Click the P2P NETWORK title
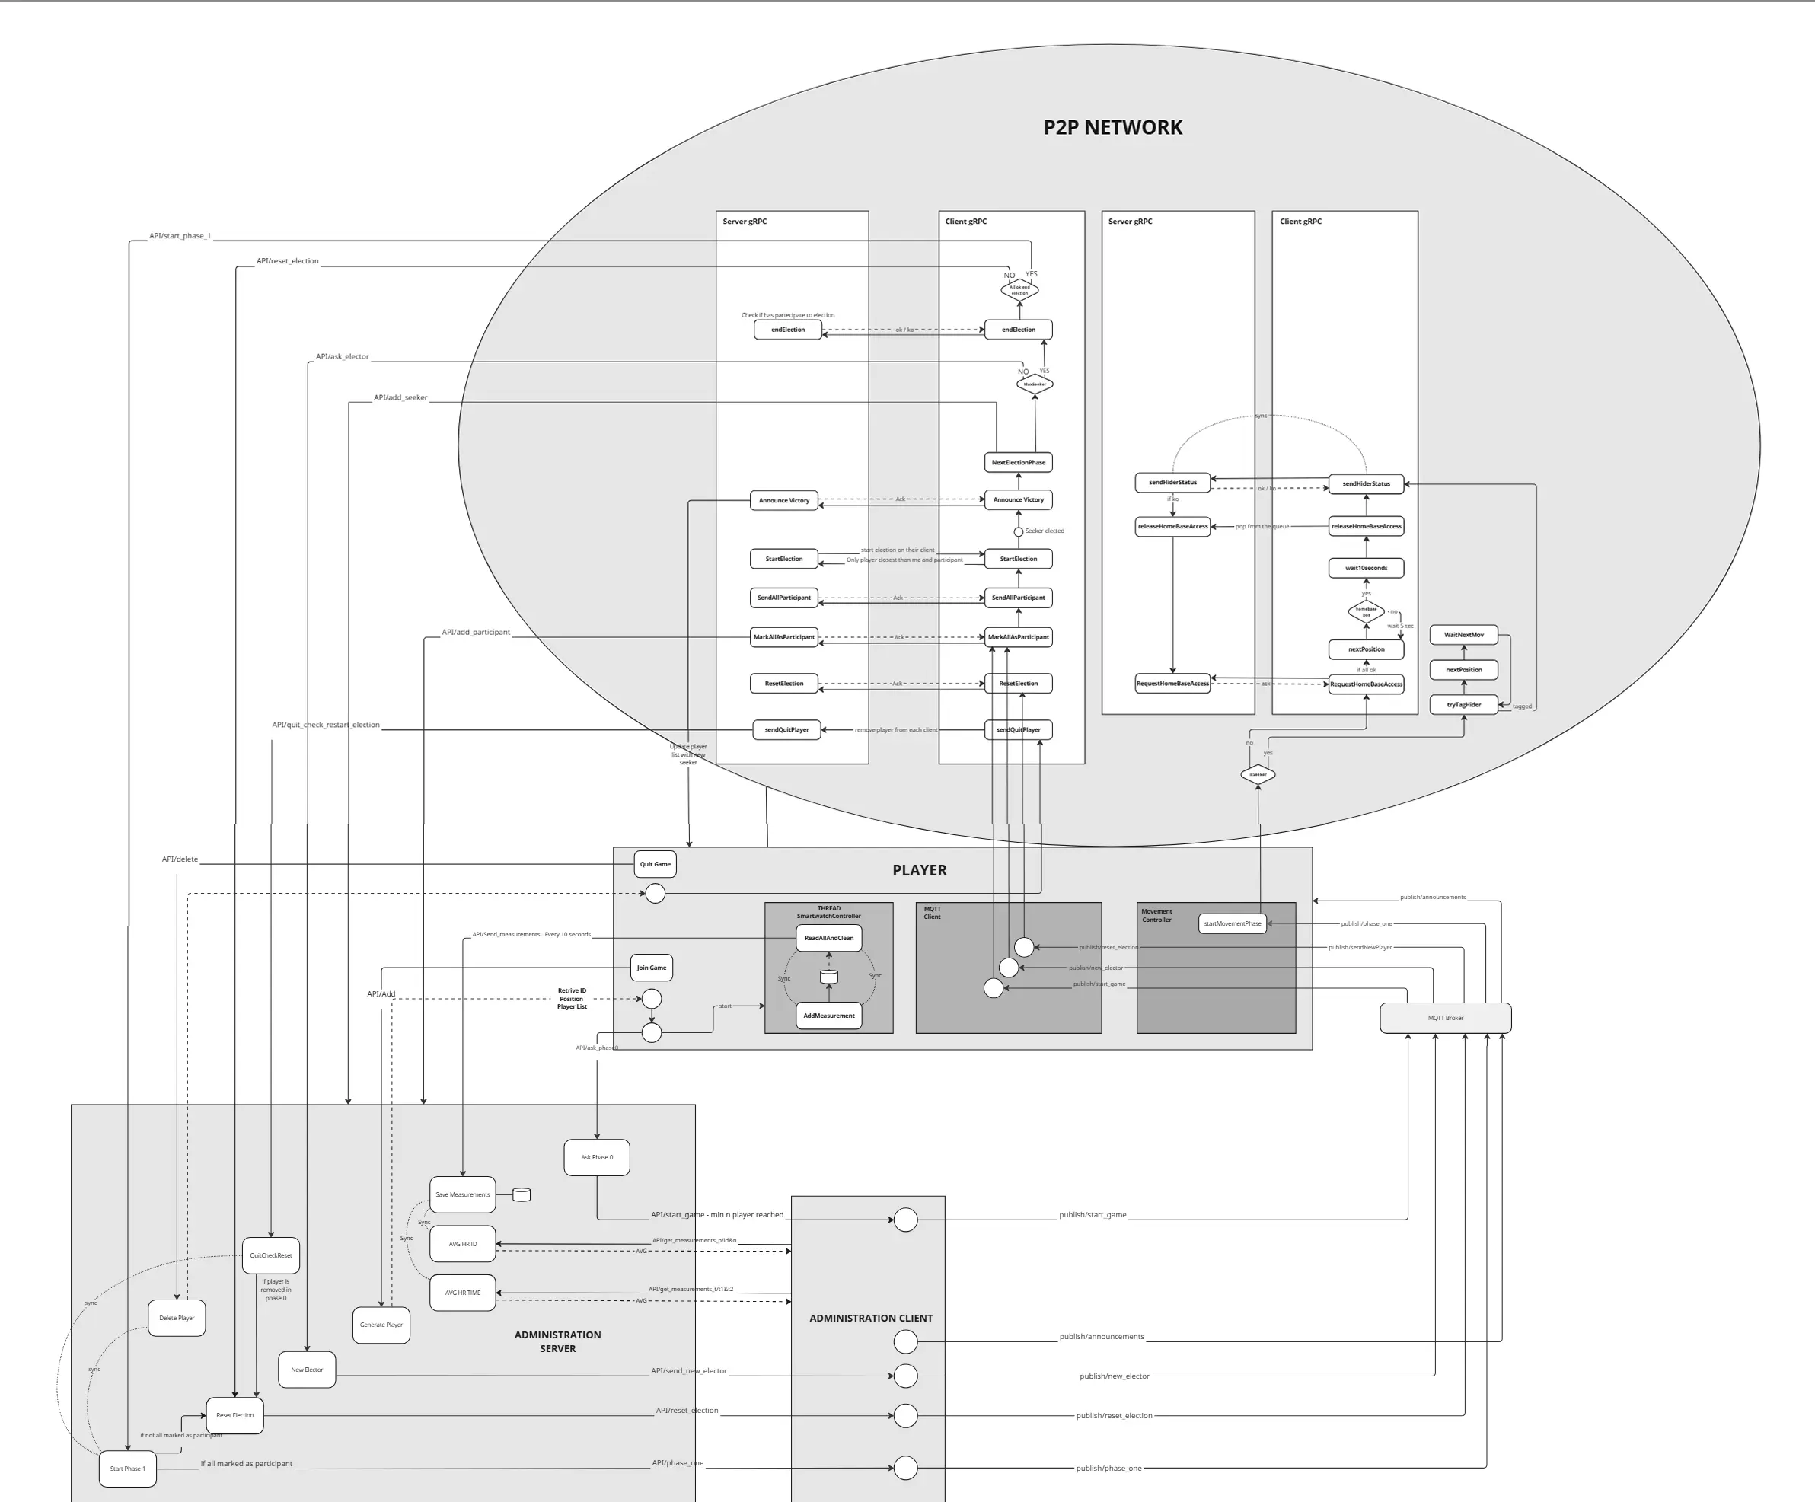[1112, 127]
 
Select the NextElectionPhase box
[1018, 462]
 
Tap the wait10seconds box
[1366, 568]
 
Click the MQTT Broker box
[1445, 1018]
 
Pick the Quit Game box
[656, 864]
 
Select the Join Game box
[652, 968]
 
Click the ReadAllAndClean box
[829, 938]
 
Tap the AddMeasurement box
[829, 1016]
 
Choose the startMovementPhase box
[1233, 924]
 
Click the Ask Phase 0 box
[596, 1157]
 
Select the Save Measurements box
[462, 1194]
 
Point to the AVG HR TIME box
[462, 1293]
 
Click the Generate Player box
[381, 1325]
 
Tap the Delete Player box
[177, 1318]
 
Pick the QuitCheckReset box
[270, 1255]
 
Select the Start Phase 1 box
[128, 1469]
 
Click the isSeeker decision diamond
[1258, 774]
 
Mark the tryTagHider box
[1464, 704]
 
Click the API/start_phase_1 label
[180, 236]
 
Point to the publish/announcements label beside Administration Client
[1101, 1337]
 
